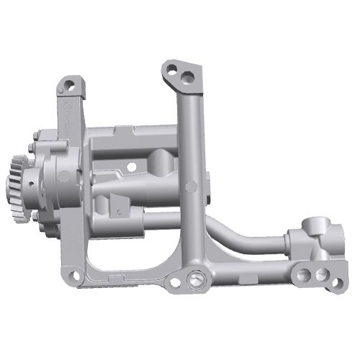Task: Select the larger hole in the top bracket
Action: tap(188, 75)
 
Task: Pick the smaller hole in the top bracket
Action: tap(172, 70)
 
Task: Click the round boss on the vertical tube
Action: tap(191, 187)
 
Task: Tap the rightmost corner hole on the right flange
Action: tap(336, 284)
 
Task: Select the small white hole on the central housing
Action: tap(131, 166)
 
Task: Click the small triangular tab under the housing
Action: tap(115, 210)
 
